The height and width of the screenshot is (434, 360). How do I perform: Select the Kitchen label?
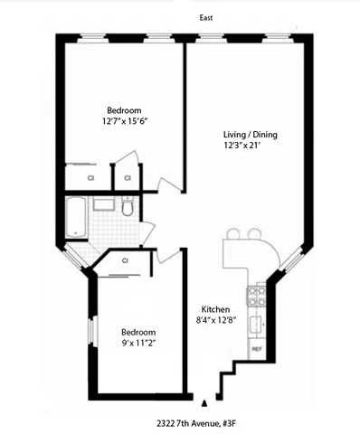[x=214, y=309]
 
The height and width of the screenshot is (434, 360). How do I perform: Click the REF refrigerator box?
[x=256, y=349]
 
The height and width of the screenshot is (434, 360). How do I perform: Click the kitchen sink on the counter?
[x=257, y=324]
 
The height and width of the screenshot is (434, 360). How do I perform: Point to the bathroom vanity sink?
[x=103, y=203]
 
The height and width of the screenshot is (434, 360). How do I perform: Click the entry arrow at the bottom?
[x=205, y=403]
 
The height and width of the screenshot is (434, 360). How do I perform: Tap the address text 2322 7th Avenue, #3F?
[x=194, y=422]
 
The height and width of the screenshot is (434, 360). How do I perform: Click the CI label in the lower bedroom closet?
[x=126, y=261]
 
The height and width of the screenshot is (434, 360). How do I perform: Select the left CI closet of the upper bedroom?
[x=90, y=178]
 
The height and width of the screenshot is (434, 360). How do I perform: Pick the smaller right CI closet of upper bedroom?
[x=127, y=178]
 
